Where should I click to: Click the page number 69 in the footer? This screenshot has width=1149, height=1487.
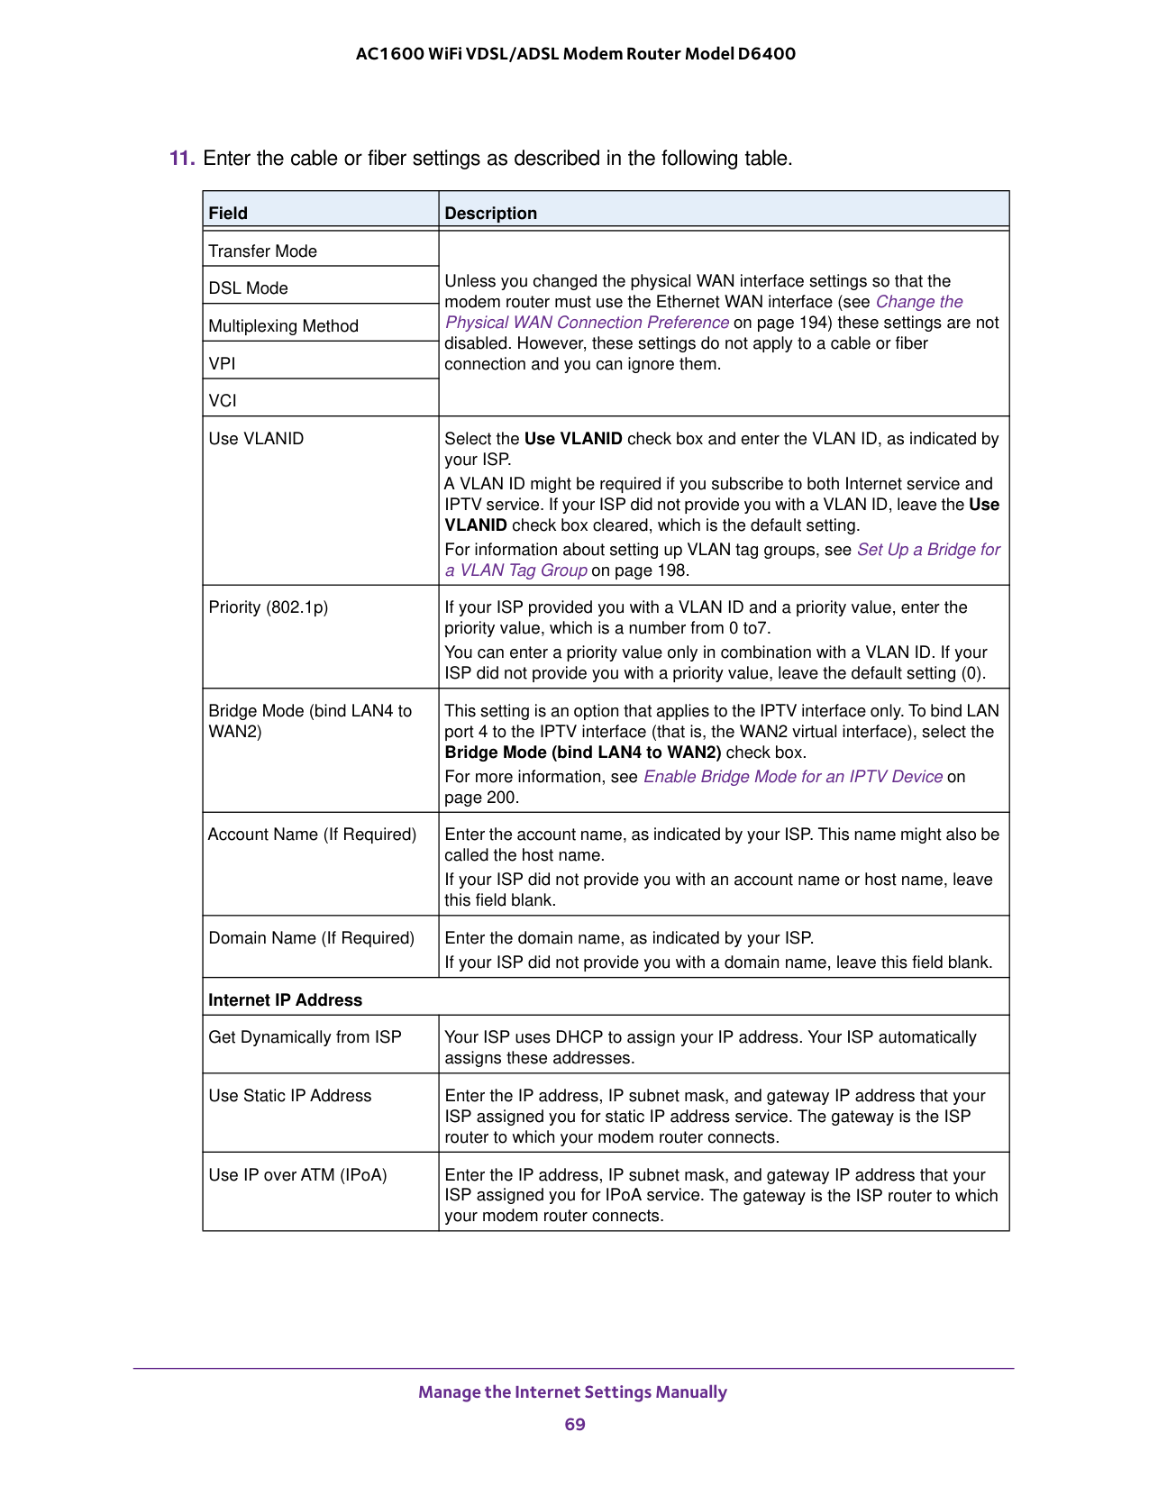(575, 1424)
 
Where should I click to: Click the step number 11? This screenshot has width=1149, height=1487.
(181, 159)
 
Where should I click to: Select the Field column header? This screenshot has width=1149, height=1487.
(228, 214)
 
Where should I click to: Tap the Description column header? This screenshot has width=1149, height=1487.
(491, 214)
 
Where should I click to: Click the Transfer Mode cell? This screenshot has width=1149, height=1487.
(263, 251)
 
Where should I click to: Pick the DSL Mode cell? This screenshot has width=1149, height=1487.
(249, 288)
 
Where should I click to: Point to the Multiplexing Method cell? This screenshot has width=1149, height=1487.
(284, 326)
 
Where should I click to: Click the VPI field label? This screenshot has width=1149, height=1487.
(223, 364)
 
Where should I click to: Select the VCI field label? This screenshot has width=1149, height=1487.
(223, 401)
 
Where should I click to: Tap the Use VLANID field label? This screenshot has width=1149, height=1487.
(257, 439)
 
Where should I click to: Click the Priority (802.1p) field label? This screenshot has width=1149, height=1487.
(269, 607)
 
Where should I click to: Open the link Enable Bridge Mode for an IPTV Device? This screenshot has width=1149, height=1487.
(793, 777)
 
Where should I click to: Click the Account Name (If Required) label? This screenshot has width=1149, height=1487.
(313, 835)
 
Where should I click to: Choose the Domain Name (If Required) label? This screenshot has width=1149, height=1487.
(312, 938)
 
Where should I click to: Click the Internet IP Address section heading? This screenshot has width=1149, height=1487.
(286, 1000)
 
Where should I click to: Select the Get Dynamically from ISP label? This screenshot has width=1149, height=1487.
(305, 1037)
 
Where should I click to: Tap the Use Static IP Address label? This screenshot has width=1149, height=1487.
(290, 1096)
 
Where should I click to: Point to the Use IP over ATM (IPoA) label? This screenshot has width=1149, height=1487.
(298, 1175)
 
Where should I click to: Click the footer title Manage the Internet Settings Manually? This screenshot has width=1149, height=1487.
(572, 1392)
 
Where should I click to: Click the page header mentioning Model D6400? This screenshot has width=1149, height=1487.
(576, 54)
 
